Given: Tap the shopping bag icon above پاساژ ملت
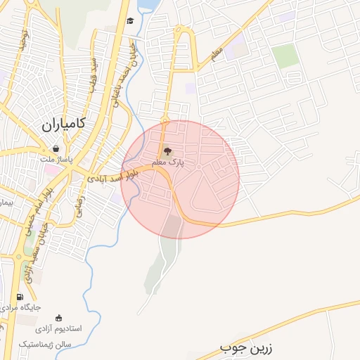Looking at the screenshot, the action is [56, 149].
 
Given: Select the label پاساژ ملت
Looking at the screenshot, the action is [56, 161].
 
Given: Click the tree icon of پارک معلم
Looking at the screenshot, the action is [167, 150].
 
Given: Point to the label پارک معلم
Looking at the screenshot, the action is [166, 162].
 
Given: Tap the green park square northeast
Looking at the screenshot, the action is [285, 56].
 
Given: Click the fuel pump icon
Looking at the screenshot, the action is [18, 297].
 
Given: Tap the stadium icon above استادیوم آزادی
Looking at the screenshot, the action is [58, 318].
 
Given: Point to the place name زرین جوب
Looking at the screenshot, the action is [245, 348].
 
